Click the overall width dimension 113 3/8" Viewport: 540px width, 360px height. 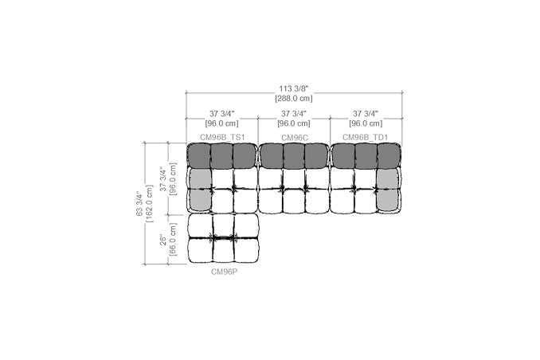(294, 89)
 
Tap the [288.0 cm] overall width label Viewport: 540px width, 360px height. (294, 99)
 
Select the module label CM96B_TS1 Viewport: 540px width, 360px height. (222, 138)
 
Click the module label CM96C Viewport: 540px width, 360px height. (295, 138)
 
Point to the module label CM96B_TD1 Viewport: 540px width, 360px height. (365, 138)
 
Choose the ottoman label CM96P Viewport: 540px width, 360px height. (224, 272)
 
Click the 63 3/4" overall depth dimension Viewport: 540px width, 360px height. (139, 204)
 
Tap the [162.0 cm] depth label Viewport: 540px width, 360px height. (149, 204)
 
